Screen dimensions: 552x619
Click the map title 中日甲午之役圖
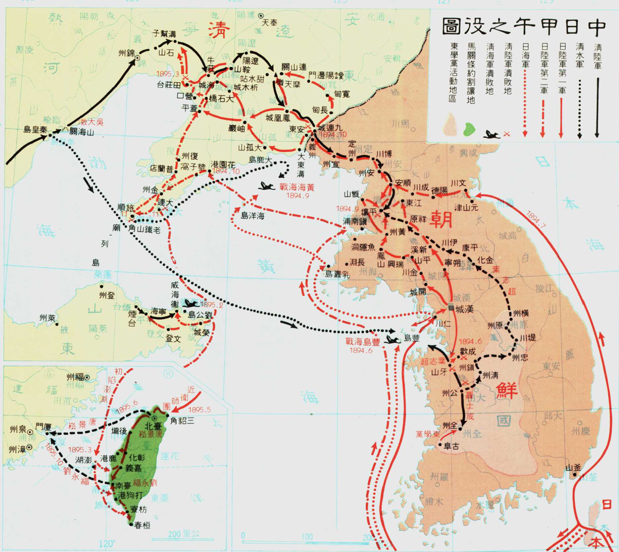click(x=524, y=27)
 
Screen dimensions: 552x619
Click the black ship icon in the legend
click(x=491, y=134)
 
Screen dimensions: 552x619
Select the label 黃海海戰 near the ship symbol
click(x=297, y=187)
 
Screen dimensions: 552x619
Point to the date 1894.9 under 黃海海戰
click(x=298, y=196)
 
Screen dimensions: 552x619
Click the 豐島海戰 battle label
click(x=363, y=342)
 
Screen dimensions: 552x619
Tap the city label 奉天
click(x=269, y=23)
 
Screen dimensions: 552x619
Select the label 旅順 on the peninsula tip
click(x=126, y=208)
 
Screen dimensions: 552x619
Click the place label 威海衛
click(x=175, y=295)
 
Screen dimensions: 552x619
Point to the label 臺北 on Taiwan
click(x=153, y=426)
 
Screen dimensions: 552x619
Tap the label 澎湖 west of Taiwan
click(x=84, y=460)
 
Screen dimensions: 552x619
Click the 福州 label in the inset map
click(x=75, y=377)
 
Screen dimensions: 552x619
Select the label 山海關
click(x=82, y=132)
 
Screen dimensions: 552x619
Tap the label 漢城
click(x=464, y=309)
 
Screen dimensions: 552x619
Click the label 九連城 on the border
click(x=330, y=128)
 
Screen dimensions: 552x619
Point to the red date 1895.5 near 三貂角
click(x=198, y=409)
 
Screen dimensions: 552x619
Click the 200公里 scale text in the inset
click(x=184, y=534)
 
